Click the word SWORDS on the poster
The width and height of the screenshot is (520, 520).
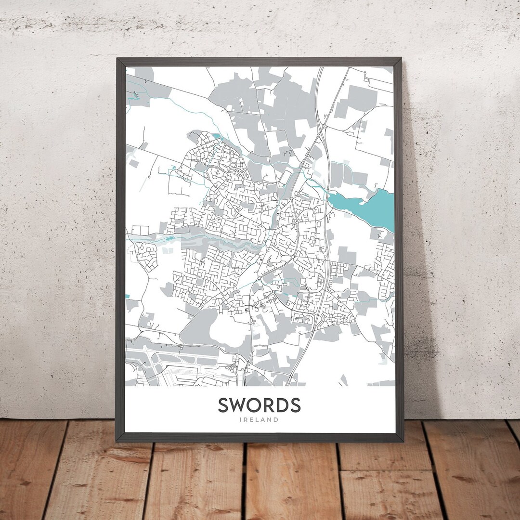260,405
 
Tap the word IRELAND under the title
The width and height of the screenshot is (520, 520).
260,420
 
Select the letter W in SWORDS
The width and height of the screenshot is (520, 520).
241,405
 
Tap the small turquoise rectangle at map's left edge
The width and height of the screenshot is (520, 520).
127,296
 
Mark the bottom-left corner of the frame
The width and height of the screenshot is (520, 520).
116,441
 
